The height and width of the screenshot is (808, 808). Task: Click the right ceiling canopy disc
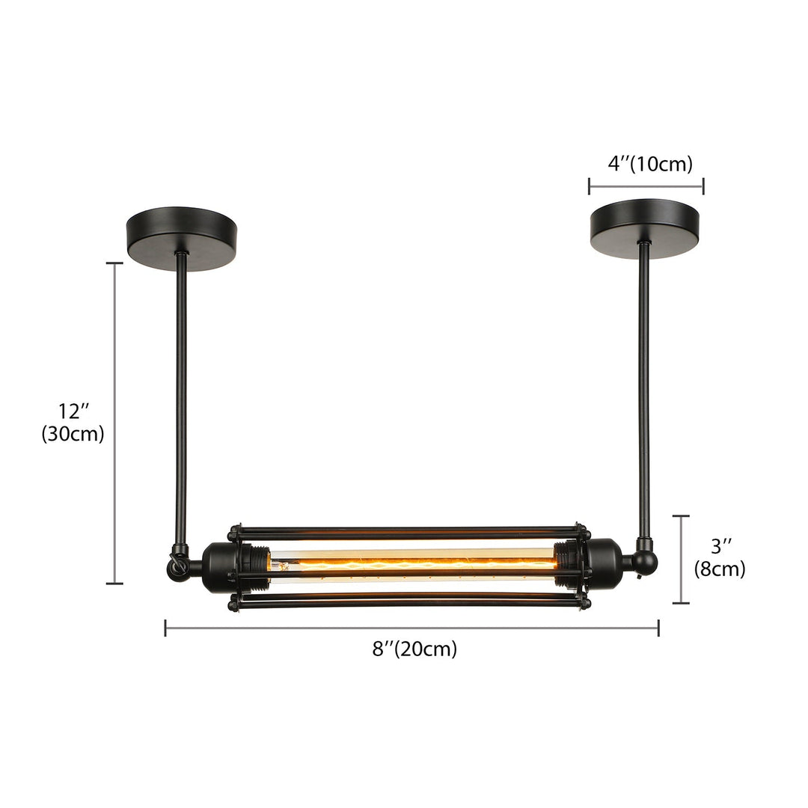coord(644,227)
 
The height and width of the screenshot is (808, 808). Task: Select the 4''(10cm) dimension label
coord(649,164)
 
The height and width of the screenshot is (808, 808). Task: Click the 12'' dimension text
coord(73,411)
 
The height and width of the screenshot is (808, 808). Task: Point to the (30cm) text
coord(73,434)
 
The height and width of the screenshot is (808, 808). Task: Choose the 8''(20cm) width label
coord(414,649)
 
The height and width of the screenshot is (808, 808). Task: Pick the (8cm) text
coord(719,569)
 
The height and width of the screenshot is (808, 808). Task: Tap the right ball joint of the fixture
coord(646,562)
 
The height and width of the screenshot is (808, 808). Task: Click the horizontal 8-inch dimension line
coord(411,628)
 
